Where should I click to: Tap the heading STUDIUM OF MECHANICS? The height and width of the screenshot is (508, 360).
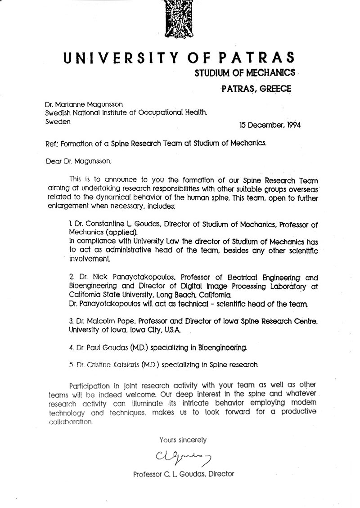point(244,72)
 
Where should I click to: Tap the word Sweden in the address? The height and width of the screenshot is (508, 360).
point(58,121)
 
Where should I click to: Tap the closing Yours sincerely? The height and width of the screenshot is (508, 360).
point(183,440)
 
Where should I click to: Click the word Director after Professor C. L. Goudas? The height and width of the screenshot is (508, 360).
point(220,474)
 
